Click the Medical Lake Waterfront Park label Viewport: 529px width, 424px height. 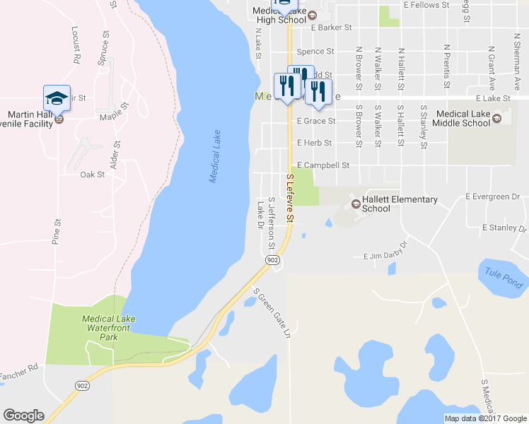(108, 328)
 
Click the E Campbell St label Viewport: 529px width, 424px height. (323, 165)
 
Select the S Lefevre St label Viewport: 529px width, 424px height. (289, 199)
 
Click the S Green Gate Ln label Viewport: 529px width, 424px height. (273, 312)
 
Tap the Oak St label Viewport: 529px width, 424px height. (92, 174)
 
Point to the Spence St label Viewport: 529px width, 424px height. (315, 52)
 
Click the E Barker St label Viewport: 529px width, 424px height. (331, 28)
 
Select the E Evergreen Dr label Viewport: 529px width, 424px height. (493, 196)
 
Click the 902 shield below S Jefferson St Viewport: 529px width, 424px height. (273, 261)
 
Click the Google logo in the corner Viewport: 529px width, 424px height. (23, 416)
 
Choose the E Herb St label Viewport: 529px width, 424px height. (314, 143)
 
